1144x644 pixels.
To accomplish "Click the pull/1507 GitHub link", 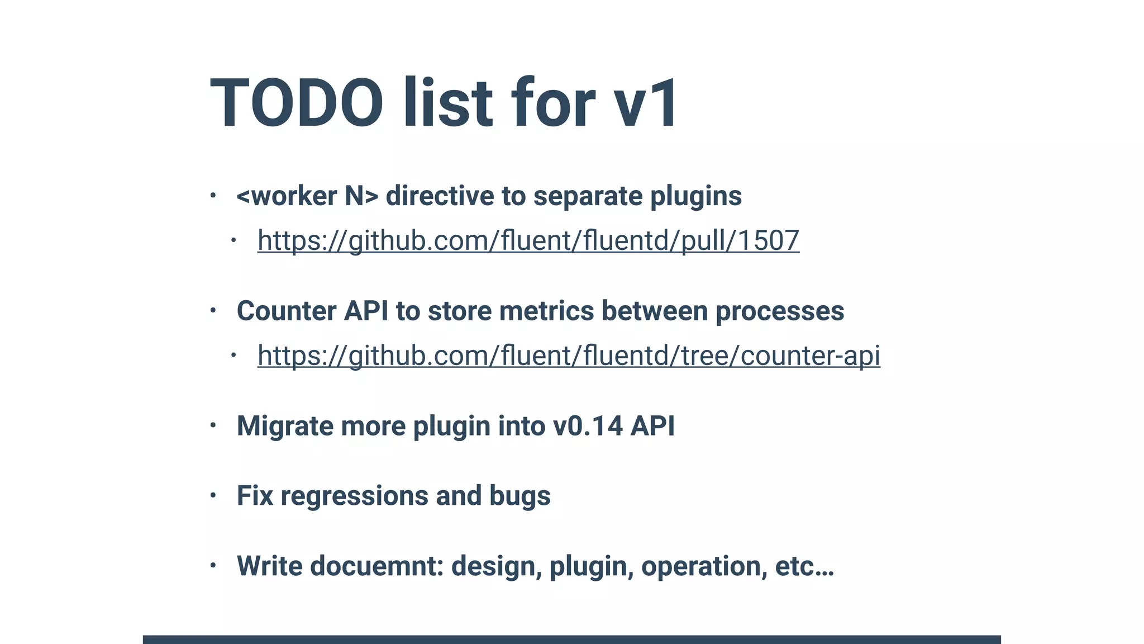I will coord(528,240).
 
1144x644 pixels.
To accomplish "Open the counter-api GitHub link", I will coord(569,356).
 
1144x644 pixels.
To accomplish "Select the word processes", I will coord(780,311).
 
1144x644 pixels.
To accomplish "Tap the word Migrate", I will coord(285,426).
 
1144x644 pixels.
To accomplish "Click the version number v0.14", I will coord(588,426).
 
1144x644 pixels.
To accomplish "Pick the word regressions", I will coord(354,496).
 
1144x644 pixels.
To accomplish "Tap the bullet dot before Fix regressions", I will coord(213,495).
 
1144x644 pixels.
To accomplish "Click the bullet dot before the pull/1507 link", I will coord(233,240).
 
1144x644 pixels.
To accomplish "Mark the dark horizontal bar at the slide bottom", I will coord(571,639).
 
